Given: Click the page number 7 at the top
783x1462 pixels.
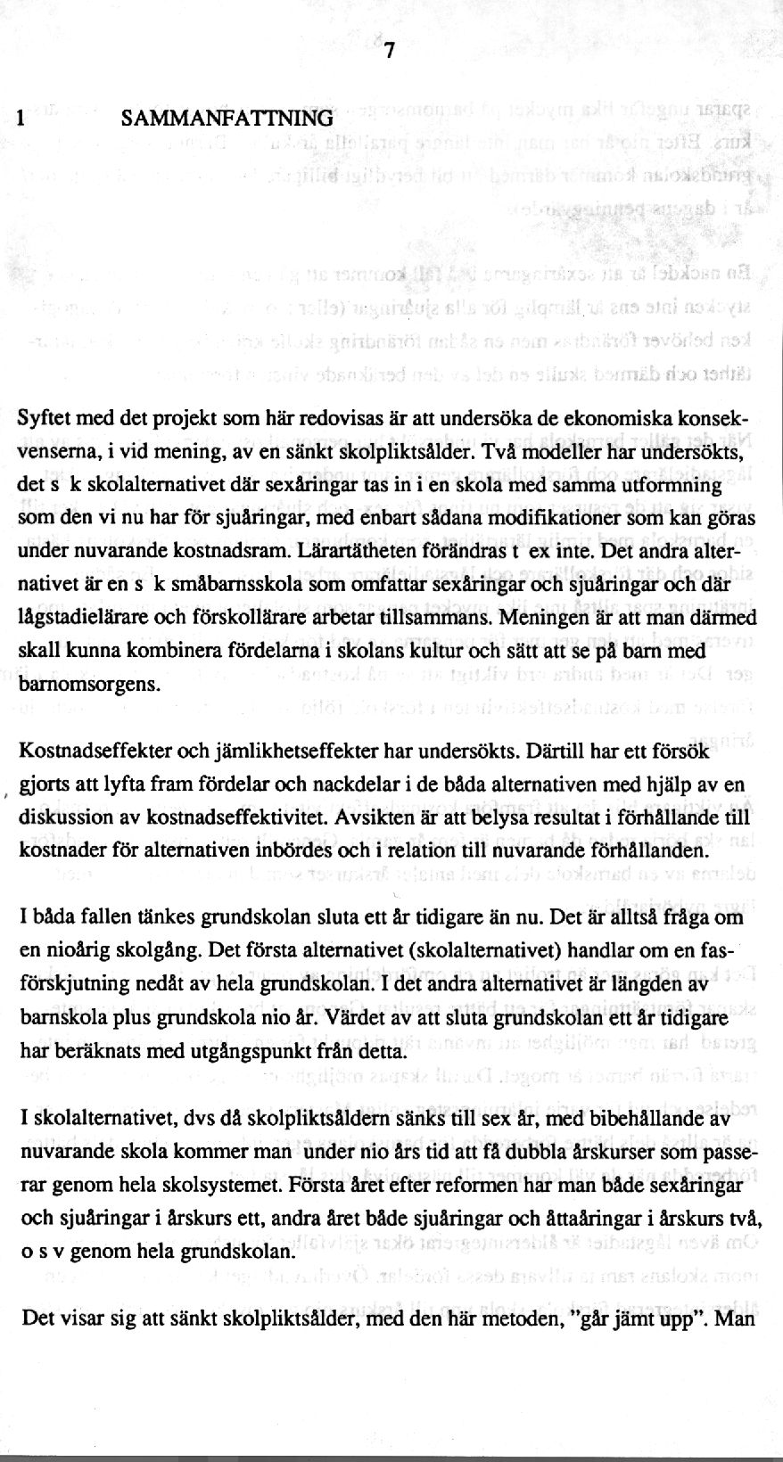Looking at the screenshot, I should click(389, 53).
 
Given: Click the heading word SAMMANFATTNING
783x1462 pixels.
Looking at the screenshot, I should click(227, 118).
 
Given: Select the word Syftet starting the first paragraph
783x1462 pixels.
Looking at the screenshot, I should click(45, 419).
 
